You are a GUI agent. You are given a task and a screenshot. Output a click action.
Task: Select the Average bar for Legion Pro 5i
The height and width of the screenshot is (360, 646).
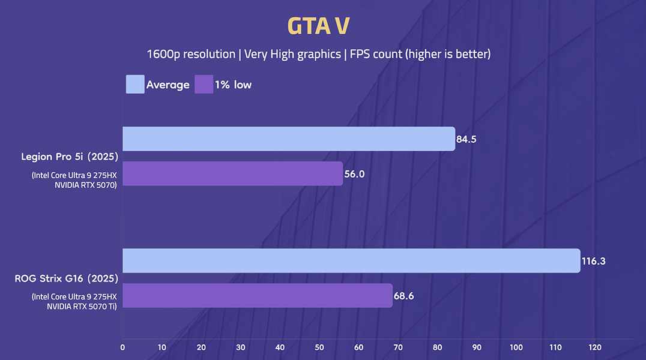point(288,139)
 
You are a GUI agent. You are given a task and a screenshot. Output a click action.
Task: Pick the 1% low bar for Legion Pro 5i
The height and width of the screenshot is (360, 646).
point(232,173)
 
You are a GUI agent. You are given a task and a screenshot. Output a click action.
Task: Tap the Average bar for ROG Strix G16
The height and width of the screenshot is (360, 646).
point(351,260)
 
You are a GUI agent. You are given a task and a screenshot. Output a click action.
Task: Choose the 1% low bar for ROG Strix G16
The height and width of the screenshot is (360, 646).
point(257,295)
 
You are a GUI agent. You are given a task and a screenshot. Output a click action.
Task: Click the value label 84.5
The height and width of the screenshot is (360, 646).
point(467,139)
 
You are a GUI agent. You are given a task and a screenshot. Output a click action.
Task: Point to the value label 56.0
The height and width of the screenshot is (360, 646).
point(355,174)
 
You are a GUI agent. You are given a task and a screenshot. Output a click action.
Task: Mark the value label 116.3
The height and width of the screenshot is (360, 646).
point(593,261)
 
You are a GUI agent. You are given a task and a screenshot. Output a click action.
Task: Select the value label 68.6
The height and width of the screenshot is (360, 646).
point(405,296)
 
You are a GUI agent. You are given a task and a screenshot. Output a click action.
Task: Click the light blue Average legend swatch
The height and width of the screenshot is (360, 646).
point(134,85)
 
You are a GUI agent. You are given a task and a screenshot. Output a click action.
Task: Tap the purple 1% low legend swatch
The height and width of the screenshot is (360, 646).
point(204,85)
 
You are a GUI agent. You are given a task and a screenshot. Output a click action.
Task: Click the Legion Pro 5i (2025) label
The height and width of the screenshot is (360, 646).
point(70,157)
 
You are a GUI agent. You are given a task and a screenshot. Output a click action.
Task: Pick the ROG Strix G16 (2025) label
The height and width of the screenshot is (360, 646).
point(66,279)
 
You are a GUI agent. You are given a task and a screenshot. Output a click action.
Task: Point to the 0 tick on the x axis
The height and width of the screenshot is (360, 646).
point(123,347)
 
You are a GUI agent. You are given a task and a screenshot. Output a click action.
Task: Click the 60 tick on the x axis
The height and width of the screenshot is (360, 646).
point(358,347)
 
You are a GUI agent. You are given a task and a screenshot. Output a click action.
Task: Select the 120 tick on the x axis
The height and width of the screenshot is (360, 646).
point(594,347)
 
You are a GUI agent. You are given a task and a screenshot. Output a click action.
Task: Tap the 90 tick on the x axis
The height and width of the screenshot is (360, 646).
point(477,347)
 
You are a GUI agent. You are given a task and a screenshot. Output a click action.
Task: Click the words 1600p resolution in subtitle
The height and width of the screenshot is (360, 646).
point(191,55)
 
